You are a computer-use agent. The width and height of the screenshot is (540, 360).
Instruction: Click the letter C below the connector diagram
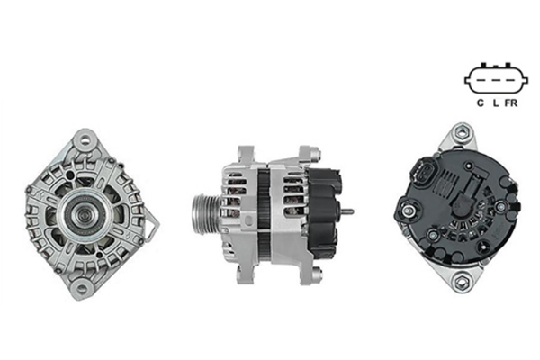click(481, 103)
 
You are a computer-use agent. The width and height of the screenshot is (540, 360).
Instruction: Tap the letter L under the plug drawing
click(496, 103)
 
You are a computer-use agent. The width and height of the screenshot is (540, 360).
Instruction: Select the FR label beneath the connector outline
click(511, 103)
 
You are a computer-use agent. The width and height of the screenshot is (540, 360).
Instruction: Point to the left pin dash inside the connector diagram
click(481, 81)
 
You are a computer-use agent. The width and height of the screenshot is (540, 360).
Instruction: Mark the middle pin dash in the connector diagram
click(496, 81)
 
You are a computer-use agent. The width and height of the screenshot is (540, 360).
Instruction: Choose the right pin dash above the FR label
click(511, 81)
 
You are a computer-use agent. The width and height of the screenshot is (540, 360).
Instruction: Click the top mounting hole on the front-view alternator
click(85, 140)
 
